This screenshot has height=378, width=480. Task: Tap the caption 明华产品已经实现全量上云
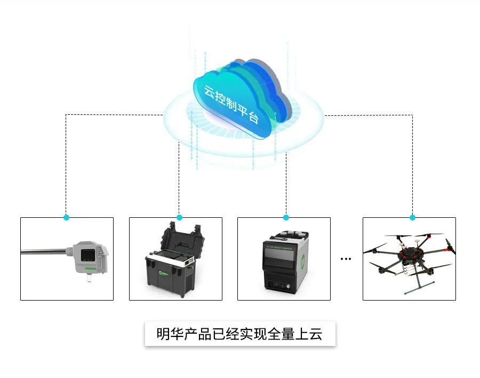click(x=239, y=334)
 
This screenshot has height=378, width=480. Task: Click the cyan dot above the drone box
click(x=412, y=217)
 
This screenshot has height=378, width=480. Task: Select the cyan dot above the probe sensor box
click(x=66, y=217)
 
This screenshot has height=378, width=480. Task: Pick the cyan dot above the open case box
click(x=179, y=217)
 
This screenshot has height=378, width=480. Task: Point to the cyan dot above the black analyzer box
click(x=286, y=217)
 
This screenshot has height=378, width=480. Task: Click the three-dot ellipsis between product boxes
click(x=346, y=259)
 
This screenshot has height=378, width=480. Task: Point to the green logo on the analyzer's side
click(x=302, y=262)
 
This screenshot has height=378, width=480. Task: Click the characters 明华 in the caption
click(x=166, y=334)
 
